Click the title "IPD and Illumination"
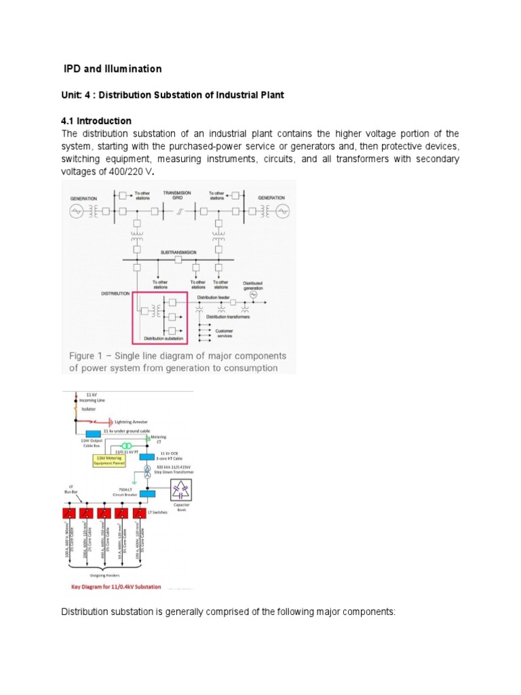pyautogui.click(x=112, y=69)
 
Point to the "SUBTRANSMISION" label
pyautogui.click(x=178, y=252)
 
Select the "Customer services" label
pyautogui.click(x=225, y=333)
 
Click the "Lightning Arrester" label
pyautogui.click(x=132, y=421)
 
